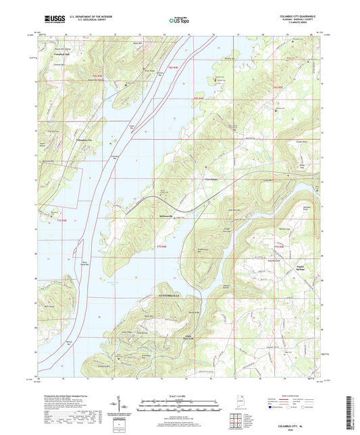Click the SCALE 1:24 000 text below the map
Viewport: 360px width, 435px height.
[x=179, y=394]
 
